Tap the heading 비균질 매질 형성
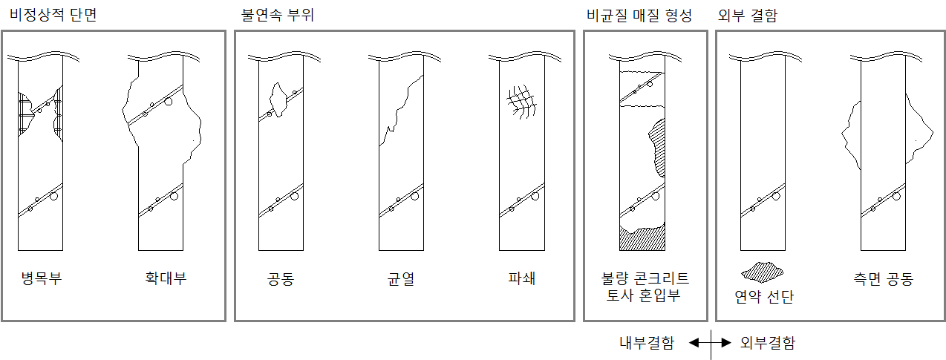click(x=639, y=15)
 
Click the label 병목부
click(x=41, y=279)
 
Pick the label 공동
click(x=281, y=279)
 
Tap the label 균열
click(x=401, y=279)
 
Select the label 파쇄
click(x=521, y=279)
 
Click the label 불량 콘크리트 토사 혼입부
click(x=645, y=287)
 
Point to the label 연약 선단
click(x=763, y=297)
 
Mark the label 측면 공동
click(x=883, y=279)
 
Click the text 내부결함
click(x=647, y=343)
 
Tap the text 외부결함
click(x=768, y=343)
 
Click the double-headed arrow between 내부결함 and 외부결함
click(x=711, y=343)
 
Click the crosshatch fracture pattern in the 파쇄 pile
click(x=522, y=101)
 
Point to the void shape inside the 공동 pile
click(x=278, y=99)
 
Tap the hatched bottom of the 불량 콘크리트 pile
click(x=642, y=240)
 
